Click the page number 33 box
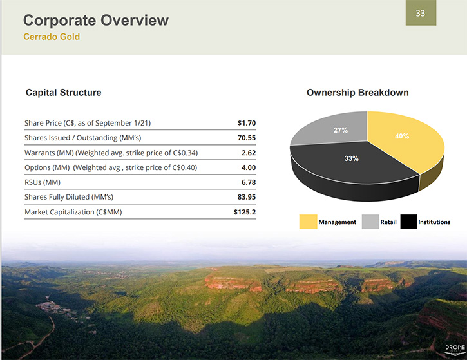pyautogui.click(x=421, y=13)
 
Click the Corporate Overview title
pyautogui.click(x=96, y=20)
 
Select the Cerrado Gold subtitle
pyautogui.click(x=52, y=37)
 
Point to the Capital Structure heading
pyautogui.click(x=63, y=93)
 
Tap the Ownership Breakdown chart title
pyautogui.click(x=357, y=93)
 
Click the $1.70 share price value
pyautogui.click(x=247, y=123)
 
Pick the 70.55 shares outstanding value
pyautogui.click(x=247, y=138)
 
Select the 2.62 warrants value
pyautogui.click(x=249, y=153)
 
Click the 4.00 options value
pyautogui.click(x=249, y=167)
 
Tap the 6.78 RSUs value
pyautogui.click(x=249, y=182)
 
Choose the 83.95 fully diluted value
pyautogui.click(x=247, y=197)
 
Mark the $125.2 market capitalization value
pyautogui.click(x=245, y=212)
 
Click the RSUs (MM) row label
pyautogui.click(x=43, y=182)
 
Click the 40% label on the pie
pyautogui.click(x=402, y=136)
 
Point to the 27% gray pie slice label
pyautogui.click(x=340, y=130)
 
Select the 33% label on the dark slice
pyautogui.click(x=352, y=158)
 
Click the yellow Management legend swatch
pyautogui.click(x=309, y=222)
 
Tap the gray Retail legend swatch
pyautogui.click(x=370, y=222)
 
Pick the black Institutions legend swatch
pyautogui.click(x=408, y=222)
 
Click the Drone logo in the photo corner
pyautogui.click(x=455, y=349)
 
